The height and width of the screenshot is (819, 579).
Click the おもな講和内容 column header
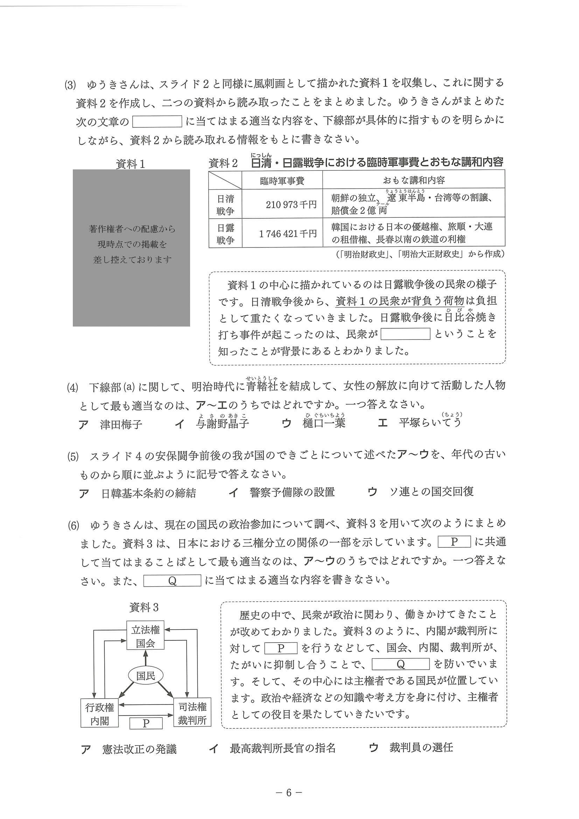[413, 180]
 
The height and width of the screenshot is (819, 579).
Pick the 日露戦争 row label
[225, 234]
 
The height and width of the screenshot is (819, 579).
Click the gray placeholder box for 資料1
[131, 247]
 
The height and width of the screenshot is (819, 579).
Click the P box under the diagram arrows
[146, 723]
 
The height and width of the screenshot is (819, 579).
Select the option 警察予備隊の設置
[292, 492]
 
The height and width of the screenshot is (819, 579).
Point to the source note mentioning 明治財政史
[420, 254]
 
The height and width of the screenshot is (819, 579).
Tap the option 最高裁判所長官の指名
[282, 748]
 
